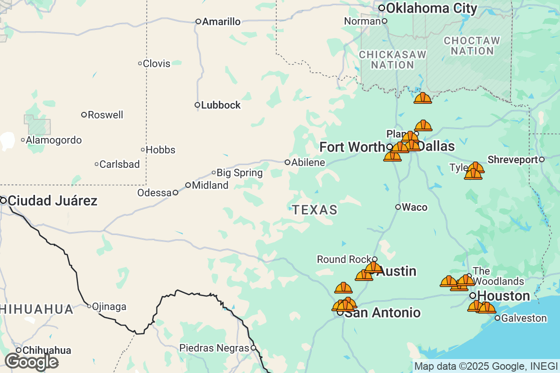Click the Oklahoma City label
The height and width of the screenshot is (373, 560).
[x=432, y=8]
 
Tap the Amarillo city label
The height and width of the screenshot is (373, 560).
[x=221, y=21]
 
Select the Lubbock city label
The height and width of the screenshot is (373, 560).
[x=221, y=105]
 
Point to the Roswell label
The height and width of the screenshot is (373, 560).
[x=105, y=115]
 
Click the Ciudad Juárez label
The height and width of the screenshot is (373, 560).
[x=53, y=201]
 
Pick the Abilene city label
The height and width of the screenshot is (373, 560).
[x=308, y=163]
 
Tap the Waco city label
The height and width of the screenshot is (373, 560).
[x=414, y=207]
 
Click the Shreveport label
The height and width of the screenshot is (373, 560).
[x=512, y=160]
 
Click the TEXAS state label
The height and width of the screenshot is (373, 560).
[x=315, y=210]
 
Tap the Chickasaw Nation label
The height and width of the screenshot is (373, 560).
[x=392, y=60]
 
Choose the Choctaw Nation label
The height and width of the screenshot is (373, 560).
[x=471, y=46]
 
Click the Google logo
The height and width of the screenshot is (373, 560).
[x=31, y=362]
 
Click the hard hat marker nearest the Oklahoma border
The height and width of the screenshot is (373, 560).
[x=423, y=98]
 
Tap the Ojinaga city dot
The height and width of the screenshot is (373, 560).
[x=89, y=306]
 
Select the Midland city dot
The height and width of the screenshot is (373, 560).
[x=188, y=185]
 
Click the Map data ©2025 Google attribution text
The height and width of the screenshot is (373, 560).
[x=485, y=366]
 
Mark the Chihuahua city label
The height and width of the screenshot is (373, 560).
[x=47, y=351]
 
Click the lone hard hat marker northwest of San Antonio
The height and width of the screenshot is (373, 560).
[x=343, y=288]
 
